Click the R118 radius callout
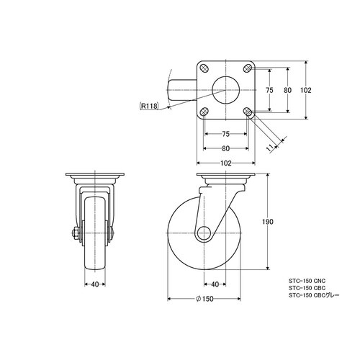[149, 106]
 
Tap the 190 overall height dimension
[268, 222]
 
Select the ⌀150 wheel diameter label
[204, 299]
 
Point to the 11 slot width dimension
[271, 148]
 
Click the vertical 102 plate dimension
[306, 90]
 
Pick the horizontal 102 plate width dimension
[226, 163]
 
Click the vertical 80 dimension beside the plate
[287, 90]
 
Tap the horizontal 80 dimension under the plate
[225, 148]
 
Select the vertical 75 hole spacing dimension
[269, 90]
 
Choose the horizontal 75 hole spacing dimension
[225, 134]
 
